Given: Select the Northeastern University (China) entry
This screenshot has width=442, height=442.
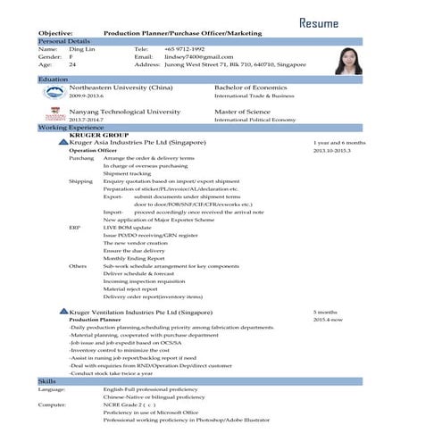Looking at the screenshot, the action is click(121, 88).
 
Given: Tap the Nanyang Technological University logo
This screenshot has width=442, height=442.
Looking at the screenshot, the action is click(54, 113).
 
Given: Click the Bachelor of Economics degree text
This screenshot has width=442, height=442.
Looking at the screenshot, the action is click(255, 88).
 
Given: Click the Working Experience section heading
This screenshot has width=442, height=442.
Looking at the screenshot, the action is click(71, 128).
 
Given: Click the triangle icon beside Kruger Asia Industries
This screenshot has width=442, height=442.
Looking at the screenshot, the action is click(63, 142).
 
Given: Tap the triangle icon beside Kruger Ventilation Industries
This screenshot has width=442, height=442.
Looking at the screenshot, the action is click(63, 311).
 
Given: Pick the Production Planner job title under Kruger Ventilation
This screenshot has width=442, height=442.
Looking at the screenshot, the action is click(95, 319).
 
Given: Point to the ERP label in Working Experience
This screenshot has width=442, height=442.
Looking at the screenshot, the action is click(74, 228).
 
